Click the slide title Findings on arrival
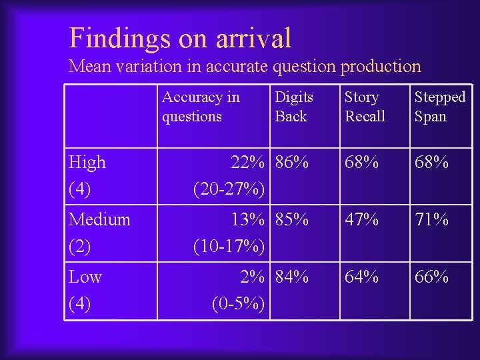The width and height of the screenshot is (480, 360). pos(180,38)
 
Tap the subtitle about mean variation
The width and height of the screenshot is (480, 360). pos(245,67)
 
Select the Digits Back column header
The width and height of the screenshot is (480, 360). pos(293,107)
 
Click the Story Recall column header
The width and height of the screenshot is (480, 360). pos(365,107)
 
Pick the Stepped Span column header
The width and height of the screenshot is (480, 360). pos(439,107)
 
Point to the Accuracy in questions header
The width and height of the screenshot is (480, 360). pos(201,107)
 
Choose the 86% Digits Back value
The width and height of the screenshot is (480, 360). pos(292,162)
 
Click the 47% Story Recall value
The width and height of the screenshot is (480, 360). pos(361,219)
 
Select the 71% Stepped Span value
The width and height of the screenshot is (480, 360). pos(431,219)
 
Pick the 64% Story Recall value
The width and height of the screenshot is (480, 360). pos(361,277)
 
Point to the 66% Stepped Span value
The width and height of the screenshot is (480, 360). pos(431,277)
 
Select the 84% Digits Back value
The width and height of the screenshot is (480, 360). pos(292,277)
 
